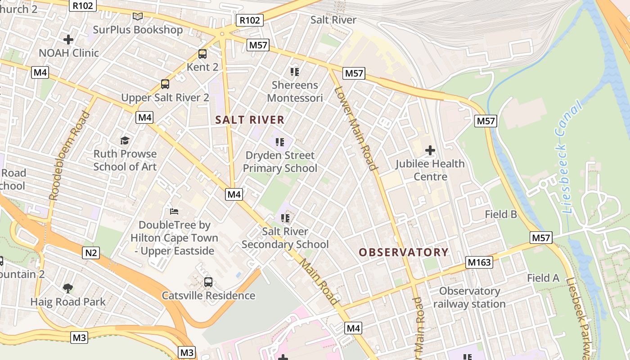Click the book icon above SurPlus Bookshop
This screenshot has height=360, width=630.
click(138, 17)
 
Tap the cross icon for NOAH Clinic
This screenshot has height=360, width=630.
click(68, 40)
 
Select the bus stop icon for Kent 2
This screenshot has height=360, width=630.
click(202, 54)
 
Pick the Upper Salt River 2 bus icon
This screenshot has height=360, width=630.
click(165, 84)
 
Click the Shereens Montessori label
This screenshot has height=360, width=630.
click(295, 91)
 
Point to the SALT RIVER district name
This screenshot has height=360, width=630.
click(250, 120)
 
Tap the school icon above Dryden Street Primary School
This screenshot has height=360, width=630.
click(280, 142)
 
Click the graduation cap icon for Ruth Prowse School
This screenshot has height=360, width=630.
click(125, 140)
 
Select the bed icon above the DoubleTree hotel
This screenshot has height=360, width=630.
click(174, 211)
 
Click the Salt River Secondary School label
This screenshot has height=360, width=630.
click(285, 238)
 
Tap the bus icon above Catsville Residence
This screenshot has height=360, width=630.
click(208, 282)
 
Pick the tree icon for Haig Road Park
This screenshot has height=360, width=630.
click(68, 288)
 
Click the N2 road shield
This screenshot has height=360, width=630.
click(91, 253)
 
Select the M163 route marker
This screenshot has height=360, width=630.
click(480, 262)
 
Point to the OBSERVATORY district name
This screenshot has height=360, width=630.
click(404, 252)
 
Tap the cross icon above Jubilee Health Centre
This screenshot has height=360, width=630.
click(430, 150)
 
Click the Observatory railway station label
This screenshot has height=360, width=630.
click(469, 297)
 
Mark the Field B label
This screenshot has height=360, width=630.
click(501, 214)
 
